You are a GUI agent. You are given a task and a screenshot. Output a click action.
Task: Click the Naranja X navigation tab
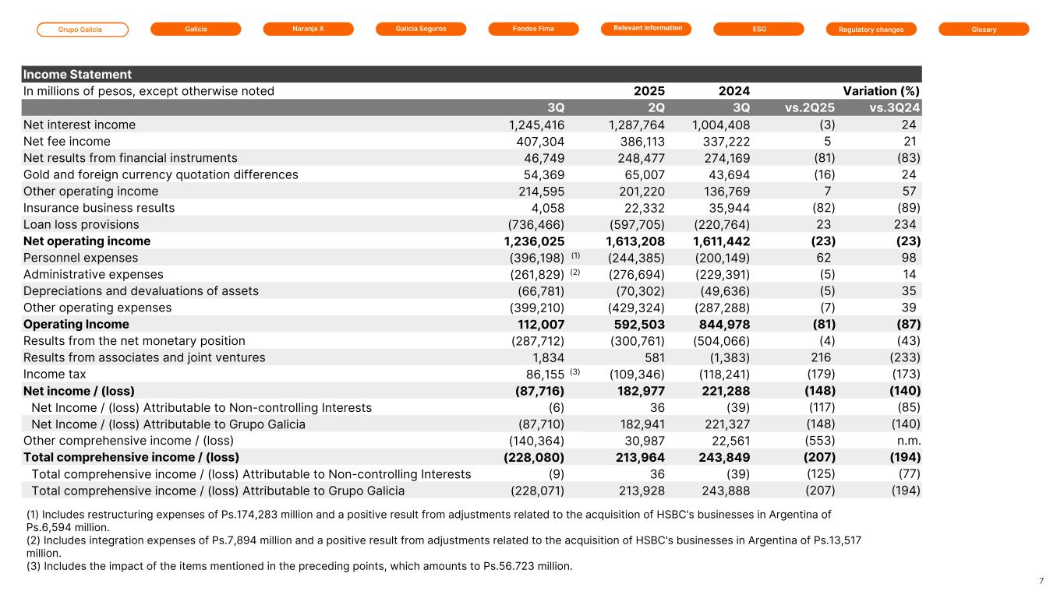click(308, 29)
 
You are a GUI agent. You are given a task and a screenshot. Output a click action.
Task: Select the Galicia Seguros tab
click(421, 29)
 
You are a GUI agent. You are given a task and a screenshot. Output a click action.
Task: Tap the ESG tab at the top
click(758, 29)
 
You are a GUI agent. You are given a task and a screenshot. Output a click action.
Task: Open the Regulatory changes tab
click(871, 30)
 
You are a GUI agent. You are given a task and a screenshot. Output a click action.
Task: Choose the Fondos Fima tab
click(533, 29)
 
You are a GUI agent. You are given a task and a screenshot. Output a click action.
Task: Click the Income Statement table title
click(77, 75)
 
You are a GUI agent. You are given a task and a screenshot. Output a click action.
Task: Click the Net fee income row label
click(67, 142)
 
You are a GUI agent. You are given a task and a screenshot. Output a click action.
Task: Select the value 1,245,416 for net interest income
click(536, 125)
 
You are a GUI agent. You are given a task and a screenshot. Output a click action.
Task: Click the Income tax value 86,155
click(541, 374)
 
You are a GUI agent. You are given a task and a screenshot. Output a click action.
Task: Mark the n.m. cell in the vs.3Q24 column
click(907, 441)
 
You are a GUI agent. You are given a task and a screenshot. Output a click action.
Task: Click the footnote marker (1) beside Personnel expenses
click(576, 255)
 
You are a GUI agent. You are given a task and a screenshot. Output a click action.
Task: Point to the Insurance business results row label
click(99, 208)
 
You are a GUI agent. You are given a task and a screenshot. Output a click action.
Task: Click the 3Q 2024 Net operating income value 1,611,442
click(721, 241)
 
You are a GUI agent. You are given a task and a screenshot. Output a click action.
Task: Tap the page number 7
click(1041, 581)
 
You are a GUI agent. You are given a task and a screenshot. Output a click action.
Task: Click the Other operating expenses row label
click(97, 308)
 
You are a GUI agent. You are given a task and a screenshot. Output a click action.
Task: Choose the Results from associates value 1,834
click(548, 357)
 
